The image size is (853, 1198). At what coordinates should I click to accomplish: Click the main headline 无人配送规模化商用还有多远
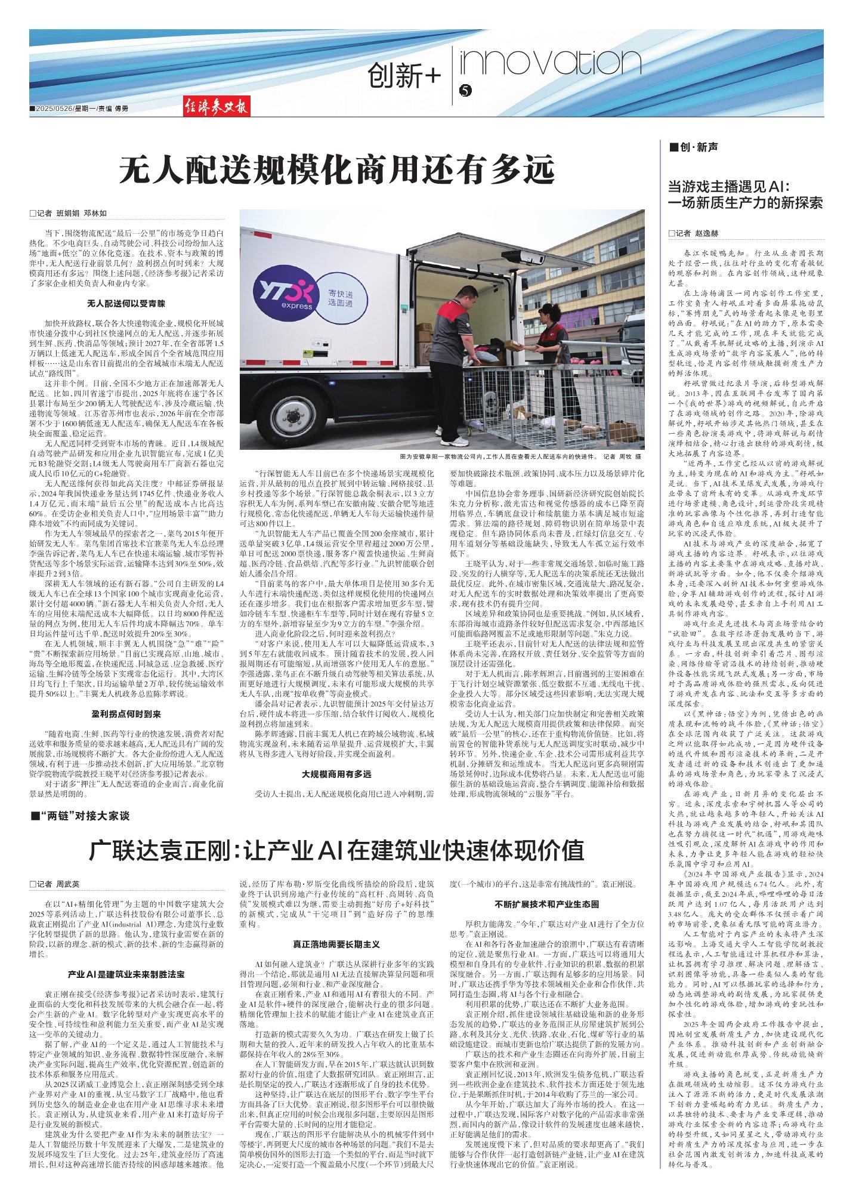337,171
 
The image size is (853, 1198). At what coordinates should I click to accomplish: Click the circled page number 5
466,91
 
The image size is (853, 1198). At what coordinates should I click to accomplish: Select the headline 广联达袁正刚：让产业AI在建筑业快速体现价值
336,849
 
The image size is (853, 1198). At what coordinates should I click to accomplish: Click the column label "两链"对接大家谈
84,814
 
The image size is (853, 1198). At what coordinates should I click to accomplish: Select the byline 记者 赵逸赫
693,233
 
